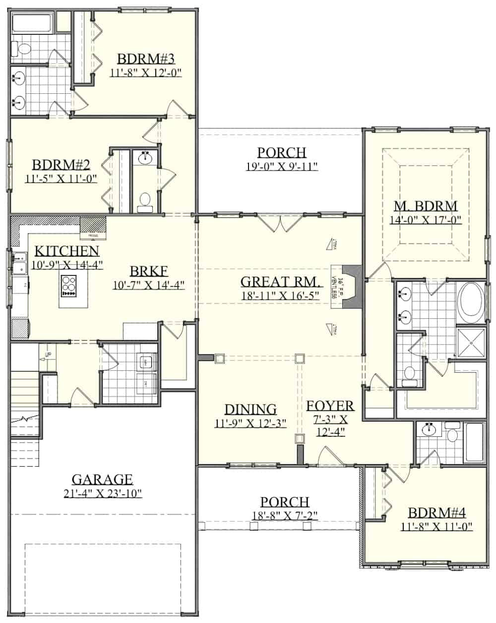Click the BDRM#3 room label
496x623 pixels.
click(146, 59)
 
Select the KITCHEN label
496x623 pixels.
click(66, 251)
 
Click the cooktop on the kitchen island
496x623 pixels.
click(68, 286)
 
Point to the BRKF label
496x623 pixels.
click(148, 271)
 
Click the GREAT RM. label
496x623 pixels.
click(281, 282)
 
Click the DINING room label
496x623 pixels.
click(250, 409)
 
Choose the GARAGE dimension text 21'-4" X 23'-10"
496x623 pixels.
click(102, 493)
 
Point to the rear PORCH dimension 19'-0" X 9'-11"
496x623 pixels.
click(281, 166)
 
